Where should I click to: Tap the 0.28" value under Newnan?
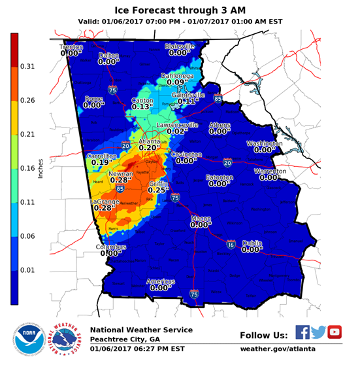121,181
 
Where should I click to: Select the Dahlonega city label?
177,76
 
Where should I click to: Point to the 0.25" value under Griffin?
159,190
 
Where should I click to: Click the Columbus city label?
110,247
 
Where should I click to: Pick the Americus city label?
161,281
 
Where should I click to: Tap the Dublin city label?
252,243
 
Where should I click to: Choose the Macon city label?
201,218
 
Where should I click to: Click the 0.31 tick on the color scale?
27,67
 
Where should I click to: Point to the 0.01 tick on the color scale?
27,270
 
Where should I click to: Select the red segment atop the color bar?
14,49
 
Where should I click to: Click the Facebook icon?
303,332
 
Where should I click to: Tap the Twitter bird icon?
318,332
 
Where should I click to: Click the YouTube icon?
335,332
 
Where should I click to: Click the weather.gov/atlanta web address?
278,349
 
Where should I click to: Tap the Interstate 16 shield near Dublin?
231,245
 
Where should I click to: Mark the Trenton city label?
71,47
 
